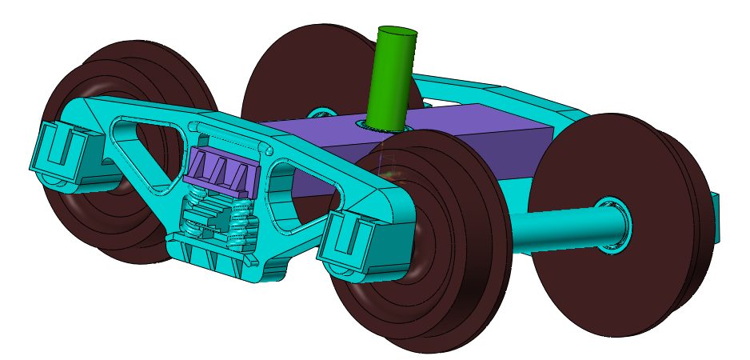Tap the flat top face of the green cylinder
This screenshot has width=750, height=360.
click(397, 34)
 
